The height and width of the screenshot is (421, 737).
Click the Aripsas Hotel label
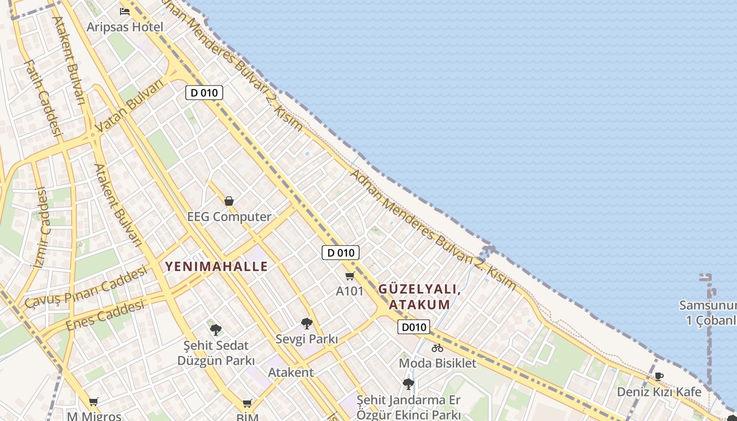pos(125,27)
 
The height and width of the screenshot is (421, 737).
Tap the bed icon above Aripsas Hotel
pos(125,11)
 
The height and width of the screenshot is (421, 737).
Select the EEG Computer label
pos(229,216)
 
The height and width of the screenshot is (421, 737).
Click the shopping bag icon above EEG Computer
pos(229,201)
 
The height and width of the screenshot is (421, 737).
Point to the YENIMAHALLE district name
pos(216,266)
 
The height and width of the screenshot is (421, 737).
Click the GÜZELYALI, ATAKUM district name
pos(420,297)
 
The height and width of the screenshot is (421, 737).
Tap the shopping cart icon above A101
pos(350,276)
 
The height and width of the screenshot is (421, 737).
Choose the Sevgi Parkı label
pos(307,339)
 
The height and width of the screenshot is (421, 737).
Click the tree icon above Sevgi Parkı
pos(307,324)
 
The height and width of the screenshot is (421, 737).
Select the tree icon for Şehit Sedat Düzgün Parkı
pos(215,330)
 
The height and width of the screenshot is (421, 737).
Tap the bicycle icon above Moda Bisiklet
pos(437,348)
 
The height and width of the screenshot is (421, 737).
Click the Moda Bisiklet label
pos(437,363)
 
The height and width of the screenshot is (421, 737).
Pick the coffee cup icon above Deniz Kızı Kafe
pos(659,376)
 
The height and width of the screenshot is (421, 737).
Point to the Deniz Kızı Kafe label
pos(659,392)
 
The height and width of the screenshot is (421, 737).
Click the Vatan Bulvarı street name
pos(130,108)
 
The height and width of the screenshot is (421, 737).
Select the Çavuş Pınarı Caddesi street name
pos(86,287)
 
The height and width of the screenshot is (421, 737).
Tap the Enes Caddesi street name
pos(105,315)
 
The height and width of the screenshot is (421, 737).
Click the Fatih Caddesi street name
pos(44,98)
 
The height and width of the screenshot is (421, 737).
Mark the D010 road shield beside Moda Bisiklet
pos(414,327)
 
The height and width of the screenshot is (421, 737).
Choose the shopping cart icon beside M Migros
pos(94,402)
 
